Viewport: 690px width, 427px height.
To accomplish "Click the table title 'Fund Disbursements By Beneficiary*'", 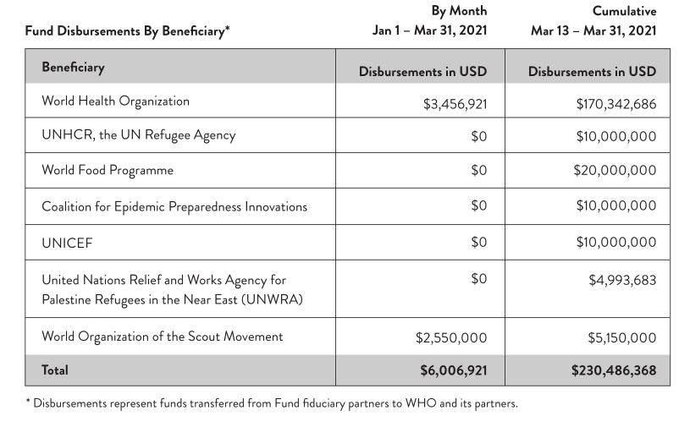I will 127,32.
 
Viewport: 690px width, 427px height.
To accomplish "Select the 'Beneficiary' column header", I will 73,68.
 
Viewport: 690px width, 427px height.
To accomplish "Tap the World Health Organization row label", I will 115,101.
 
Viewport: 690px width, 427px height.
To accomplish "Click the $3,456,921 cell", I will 455,105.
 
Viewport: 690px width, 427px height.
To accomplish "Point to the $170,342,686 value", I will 615,105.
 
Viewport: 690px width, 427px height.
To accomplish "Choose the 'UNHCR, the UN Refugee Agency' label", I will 138,135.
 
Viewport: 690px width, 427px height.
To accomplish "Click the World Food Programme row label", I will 108,170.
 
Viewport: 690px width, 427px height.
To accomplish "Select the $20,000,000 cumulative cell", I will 615,170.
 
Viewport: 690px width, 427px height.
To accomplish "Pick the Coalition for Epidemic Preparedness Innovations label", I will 174,206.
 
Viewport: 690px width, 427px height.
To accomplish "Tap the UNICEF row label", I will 67,243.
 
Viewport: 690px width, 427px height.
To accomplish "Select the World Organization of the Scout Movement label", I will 163,337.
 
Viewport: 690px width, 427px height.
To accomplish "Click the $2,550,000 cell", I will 451,337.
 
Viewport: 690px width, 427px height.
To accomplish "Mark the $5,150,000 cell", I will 622,337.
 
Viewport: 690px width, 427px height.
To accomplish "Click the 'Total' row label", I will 55,370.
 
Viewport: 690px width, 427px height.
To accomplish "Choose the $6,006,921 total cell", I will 453,370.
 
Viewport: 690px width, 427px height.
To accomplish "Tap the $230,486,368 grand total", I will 614,370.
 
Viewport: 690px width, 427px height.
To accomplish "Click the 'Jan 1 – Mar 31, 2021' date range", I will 430,31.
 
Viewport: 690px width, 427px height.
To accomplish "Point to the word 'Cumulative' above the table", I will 624,12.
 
